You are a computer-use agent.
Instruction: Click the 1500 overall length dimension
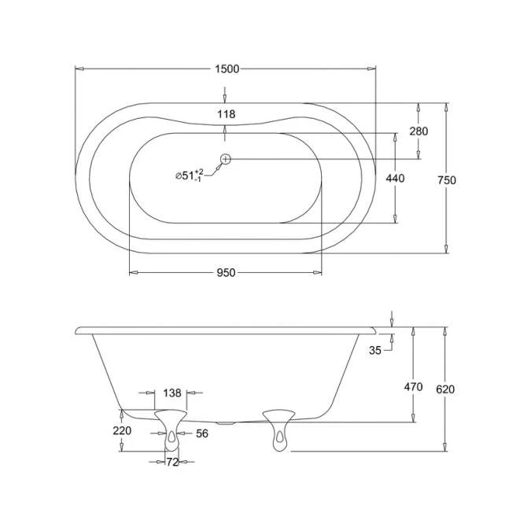226,69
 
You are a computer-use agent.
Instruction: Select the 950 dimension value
226,273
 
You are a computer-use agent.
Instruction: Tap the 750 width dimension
447,180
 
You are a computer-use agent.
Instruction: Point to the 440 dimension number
395,179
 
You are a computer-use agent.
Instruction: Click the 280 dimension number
419,131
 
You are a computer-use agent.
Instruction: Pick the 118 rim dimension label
226,115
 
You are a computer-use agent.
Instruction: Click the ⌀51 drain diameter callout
189,175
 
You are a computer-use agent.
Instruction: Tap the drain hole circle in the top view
226,159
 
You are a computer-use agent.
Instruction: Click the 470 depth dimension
413,386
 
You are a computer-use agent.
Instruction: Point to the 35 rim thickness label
375,351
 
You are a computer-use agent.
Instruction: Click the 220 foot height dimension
122,431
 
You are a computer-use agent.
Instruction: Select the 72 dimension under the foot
171,463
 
